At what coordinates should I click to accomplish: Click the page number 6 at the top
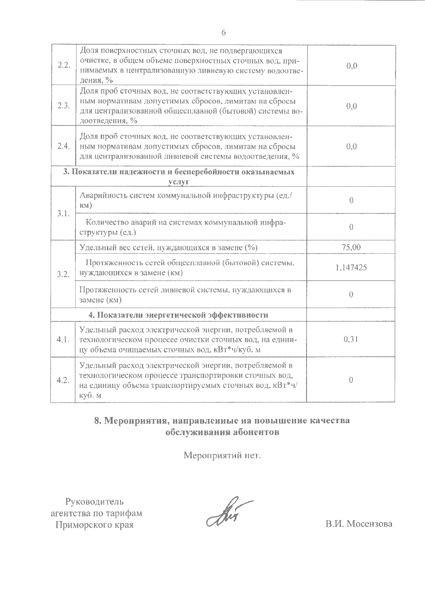click(223, 33)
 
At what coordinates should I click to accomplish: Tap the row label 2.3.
click(63, 106)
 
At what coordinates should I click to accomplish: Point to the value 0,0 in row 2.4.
click(351, 146)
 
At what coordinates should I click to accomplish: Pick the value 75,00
click(351, 247)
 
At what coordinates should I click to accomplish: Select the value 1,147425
click(351, 267)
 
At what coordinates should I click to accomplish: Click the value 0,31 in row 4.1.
click(351, 339)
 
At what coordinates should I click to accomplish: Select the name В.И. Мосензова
click(359, 524)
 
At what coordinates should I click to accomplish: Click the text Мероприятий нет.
click(222, 455)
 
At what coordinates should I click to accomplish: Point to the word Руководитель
click(95, 502)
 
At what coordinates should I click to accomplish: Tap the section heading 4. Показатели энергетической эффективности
click(178, 315)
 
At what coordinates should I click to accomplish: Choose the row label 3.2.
click(63, 274)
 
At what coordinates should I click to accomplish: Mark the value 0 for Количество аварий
click(351, 227)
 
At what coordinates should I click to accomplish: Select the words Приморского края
click(95, 525)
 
